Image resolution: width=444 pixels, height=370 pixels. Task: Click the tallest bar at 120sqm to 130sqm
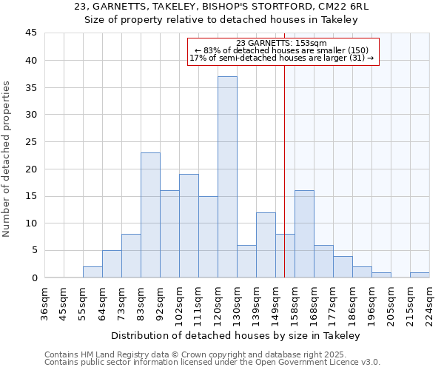(227, 177)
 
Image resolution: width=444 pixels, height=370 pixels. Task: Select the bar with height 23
(150, 215)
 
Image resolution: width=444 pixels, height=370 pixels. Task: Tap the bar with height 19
(189, 226)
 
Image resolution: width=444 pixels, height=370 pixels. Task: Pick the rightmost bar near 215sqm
(420, 275)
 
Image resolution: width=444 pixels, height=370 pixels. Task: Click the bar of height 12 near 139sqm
(266, 245)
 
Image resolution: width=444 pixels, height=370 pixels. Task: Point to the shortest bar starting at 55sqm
(92, 272)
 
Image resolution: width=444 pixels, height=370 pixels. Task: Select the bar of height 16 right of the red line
(304, 234)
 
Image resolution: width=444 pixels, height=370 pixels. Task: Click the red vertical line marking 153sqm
(284, 148)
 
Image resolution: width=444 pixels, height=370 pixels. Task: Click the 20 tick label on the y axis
(31, 169)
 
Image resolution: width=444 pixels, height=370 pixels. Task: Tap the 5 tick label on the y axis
(34, 250)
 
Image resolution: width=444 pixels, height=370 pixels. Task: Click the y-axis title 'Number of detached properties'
(7, 159)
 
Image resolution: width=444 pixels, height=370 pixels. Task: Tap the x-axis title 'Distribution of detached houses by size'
(236, 335)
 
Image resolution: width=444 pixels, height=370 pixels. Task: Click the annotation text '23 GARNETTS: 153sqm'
(283, 43)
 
